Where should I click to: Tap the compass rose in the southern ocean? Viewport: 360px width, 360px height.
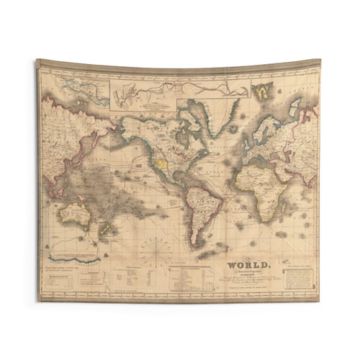click(x=156, y=251)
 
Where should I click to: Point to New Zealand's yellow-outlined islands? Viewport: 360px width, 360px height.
click(x=105, y=229)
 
